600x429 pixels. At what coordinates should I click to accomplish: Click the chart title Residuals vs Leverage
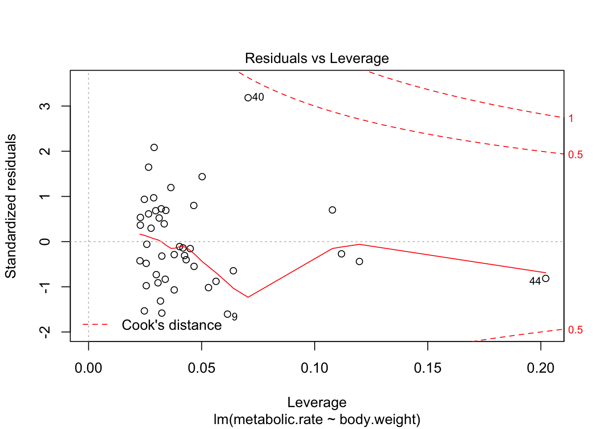(317, 59)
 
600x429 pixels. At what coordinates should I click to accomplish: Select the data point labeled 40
(248, 98)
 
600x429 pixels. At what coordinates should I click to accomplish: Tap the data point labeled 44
(546, 278)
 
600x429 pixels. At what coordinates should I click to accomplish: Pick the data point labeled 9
(227, 314)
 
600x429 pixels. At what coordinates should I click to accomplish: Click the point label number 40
(258, 97)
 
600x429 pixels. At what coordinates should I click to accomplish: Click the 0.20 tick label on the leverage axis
(541, 368)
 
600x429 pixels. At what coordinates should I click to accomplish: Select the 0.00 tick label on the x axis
(88, 368)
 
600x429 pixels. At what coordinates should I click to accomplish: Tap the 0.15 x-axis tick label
(428, 368)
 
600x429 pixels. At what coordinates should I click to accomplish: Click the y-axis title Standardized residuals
(11, 206)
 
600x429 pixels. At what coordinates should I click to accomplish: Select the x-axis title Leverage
(317, 403)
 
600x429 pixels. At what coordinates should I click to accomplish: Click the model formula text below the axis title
(317, 420)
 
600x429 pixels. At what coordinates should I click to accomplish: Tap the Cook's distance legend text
(171, 325)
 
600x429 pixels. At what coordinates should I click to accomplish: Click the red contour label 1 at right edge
(571, 118)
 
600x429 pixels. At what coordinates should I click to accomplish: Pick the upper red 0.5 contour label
(575, 155)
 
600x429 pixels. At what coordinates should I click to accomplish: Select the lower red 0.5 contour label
(575, 330)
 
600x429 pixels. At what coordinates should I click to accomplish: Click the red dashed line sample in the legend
(95, 324)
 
